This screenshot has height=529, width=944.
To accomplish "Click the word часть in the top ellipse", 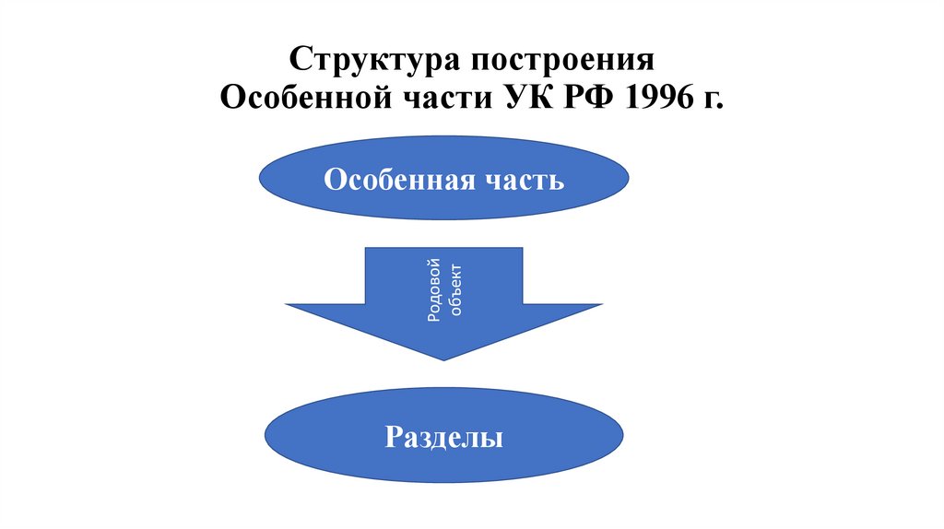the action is pos(523,179).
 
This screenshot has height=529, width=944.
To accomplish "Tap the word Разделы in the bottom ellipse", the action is pos(444,437).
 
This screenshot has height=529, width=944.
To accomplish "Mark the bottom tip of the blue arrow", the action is pos(444,360).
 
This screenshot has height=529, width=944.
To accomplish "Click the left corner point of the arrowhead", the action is pos(286,305).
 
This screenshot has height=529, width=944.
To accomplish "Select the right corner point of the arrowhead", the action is pos(603,305).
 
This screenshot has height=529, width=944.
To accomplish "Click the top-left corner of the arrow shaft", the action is pos(366,248).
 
